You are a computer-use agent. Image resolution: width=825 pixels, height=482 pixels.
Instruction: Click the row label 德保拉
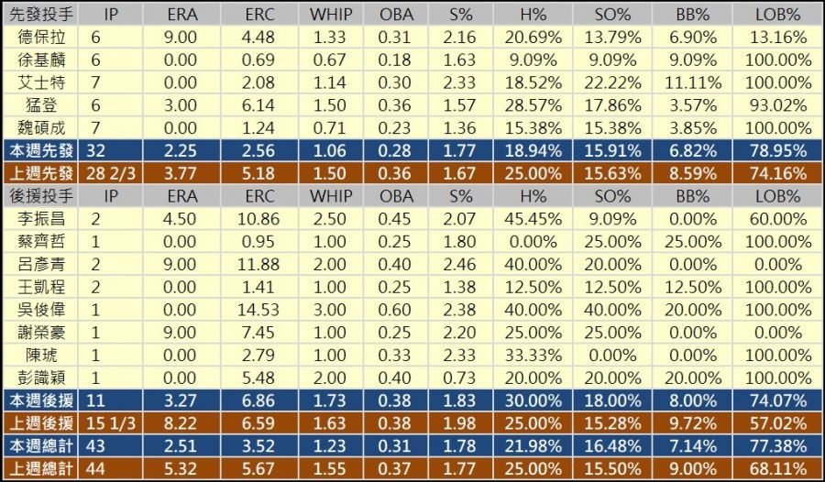pos(42,38)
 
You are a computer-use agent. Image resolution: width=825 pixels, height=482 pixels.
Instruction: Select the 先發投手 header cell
pos(42,15)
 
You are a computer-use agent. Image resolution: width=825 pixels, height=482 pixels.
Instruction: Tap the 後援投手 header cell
pos(42,195)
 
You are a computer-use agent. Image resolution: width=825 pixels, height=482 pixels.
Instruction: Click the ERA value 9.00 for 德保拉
pos(182,38)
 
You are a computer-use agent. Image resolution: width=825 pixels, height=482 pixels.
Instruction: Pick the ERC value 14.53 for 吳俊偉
pos(258,308)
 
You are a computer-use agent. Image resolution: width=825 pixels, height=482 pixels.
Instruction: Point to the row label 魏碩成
pos(42,127)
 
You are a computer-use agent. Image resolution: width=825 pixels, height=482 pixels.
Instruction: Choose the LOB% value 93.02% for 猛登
pos(782,105)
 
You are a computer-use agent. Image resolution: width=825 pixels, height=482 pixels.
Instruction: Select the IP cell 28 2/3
pos(111,173)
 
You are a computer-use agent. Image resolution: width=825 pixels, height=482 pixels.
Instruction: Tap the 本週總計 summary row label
pos(42,444)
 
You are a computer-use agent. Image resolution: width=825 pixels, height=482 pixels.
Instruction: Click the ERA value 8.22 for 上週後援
pos(182,421)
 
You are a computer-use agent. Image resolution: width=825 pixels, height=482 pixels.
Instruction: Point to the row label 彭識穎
pos(42,376)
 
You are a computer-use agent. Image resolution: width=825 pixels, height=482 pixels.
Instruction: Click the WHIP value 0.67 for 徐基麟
pos(330,60)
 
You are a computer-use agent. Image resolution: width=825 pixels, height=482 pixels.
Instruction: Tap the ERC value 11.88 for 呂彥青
pos(258,263)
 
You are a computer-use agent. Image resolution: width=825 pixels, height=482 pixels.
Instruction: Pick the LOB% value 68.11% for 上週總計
pos(782,466)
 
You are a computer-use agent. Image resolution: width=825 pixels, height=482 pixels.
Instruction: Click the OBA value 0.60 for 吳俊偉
pos(396,308)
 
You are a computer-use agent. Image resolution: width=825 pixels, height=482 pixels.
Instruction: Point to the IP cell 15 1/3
pos(111,421)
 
